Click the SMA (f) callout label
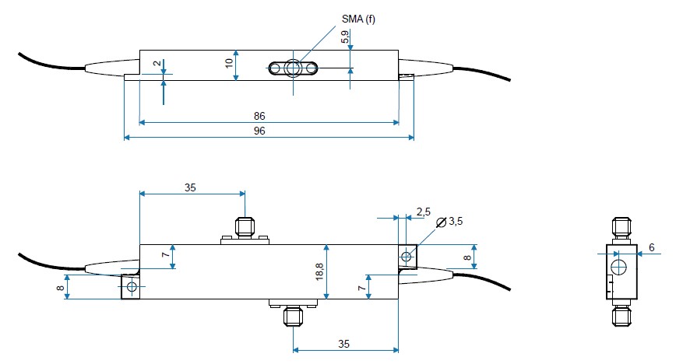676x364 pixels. (x=358, y=18)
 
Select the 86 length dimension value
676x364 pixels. (x=259, y=116)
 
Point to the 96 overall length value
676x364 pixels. (x=259, y=131)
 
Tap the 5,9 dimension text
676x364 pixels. (x=345, y=37)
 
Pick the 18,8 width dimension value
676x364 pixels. (x=320, y=271)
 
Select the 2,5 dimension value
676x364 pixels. (x=423, y=212)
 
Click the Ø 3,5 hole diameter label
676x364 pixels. (x=450, y=222)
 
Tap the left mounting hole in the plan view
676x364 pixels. (x=131, y=288)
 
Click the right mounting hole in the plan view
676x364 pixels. (x=406, y=255)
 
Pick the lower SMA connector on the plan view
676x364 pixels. (x=293, y=315)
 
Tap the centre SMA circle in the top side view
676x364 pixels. (x=292, y=68)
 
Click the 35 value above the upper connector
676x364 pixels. (x=191, y=187)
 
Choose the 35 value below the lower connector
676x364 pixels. (x=344, y=342)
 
